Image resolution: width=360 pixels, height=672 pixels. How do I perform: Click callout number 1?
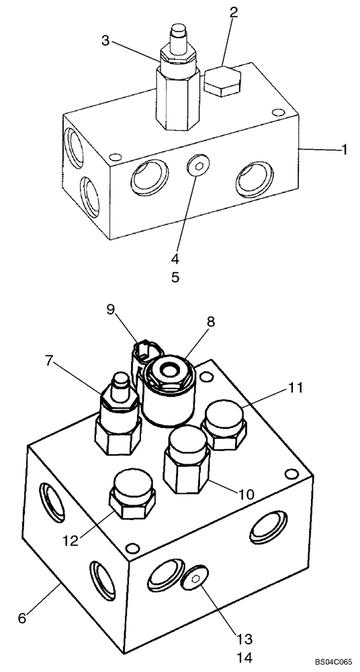(344, 151)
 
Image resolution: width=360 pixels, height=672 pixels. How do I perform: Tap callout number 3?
(105, 41)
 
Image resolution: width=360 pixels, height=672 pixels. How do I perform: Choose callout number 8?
(210, 322)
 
